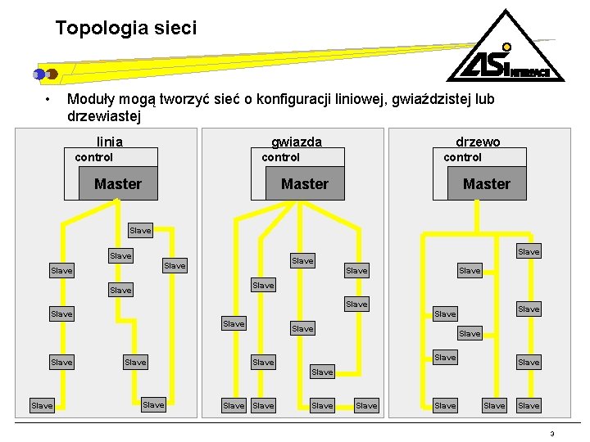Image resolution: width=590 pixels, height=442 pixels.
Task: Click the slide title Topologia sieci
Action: (126, 29)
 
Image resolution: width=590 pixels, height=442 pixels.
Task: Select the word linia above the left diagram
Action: (110, 142)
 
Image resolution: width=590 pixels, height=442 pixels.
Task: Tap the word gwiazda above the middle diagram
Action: (297, 142)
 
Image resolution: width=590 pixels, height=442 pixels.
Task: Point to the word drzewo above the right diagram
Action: (478, 142)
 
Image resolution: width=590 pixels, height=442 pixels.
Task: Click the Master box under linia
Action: (117, 184)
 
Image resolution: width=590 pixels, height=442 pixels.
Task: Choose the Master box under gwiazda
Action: (304, 184)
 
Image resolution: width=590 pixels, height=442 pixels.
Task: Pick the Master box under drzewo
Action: (486, 184)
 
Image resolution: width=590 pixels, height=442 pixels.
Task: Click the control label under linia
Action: (94, 157)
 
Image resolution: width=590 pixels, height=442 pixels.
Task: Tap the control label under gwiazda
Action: (280, 157)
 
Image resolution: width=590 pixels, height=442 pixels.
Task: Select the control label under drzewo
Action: (463, 157)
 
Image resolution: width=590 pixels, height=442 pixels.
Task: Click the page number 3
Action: (552, 434)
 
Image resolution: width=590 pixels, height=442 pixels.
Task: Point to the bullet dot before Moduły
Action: (49, 100)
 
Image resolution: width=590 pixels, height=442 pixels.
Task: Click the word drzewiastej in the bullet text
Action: (104, 116)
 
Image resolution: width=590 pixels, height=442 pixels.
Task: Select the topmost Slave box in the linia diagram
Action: (140, 230)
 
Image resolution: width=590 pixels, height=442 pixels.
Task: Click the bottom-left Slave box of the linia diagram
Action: (41, 405)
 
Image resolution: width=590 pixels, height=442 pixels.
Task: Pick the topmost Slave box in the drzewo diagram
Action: (529, 251)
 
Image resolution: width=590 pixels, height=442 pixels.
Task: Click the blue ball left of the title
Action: (39, 74)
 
